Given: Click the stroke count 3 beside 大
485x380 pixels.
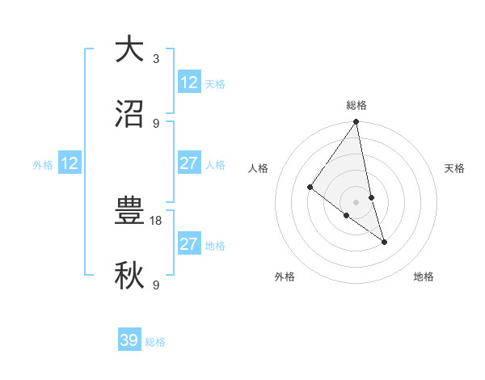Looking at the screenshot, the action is tap(156, 58).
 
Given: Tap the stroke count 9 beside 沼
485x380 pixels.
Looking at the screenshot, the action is tap(156, 123).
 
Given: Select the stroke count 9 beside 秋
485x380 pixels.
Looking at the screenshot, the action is tap(156, 285).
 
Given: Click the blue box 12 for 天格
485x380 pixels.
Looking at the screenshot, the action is tap(189, 82).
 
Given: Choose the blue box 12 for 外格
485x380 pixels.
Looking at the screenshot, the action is tap(70, 164).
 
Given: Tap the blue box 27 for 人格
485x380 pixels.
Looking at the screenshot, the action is tap(189, 164).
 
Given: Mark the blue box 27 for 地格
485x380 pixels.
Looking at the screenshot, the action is tap(189, 245).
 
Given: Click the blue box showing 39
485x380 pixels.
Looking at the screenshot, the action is tap(129, 340).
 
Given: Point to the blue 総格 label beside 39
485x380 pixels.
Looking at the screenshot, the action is tap(155, 342).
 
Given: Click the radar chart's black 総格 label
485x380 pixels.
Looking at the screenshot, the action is tap(356, 105).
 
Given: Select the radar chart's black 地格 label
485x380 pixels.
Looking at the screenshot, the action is tap(424, 277).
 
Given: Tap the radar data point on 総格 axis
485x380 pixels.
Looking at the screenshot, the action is tap(356, 123).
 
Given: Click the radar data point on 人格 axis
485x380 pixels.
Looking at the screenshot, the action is tap(310, 188).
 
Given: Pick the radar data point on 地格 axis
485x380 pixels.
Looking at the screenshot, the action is tap(384, 241).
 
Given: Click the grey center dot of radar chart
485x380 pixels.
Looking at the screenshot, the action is tap(356, 201).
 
